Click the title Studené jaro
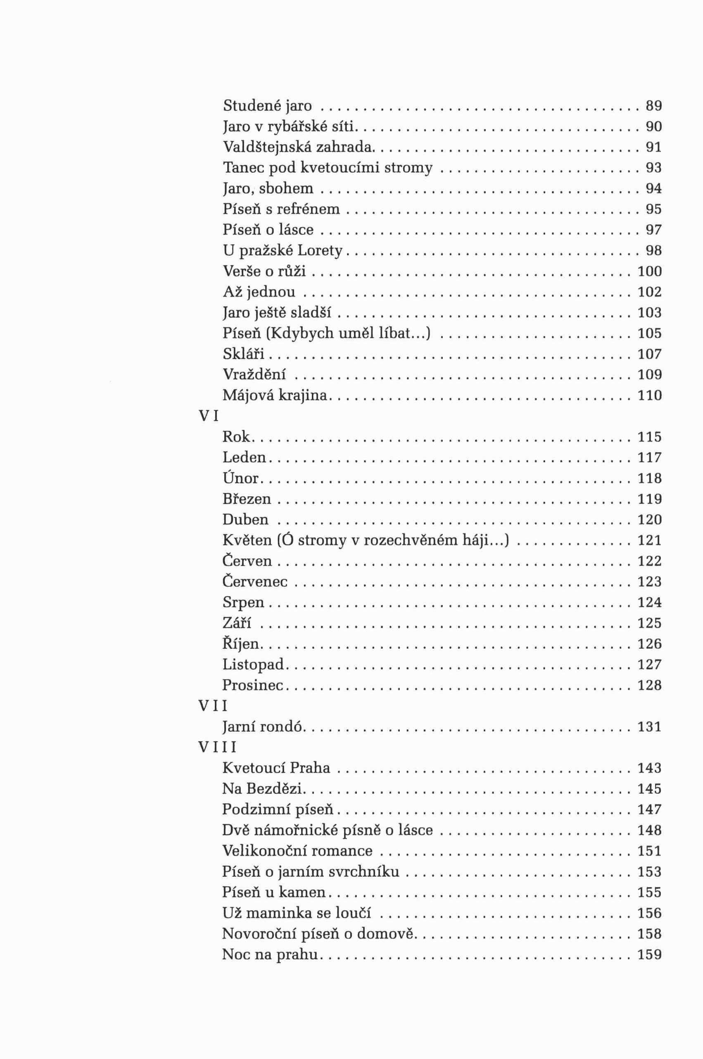267,106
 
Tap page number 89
653,106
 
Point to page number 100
649,271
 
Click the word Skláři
243,355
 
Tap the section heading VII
213,707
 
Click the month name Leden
245,457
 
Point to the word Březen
247,499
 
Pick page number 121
649,540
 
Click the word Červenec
255,582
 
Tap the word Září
237,624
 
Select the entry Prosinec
253,685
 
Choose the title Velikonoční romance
297,851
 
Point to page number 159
649,954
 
